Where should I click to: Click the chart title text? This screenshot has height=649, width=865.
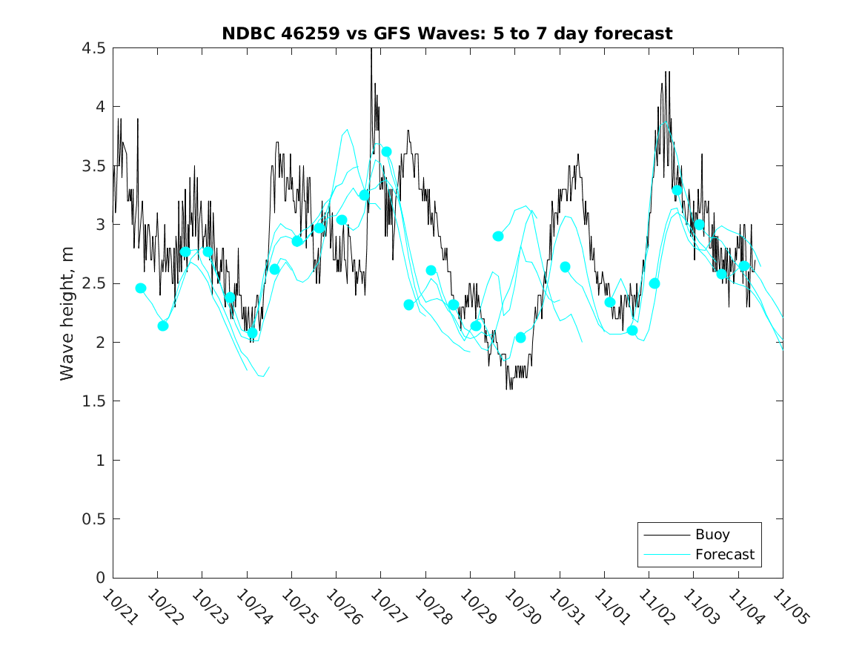pos(447,33)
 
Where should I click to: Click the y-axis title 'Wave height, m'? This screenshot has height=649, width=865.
pos(67,314)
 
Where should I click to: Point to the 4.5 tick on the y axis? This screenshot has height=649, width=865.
pos(95,48)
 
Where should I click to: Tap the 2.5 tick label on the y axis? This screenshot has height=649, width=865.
pos(95,284)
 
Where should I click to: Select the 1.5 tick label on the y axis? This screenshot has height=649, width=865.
pos(95,402)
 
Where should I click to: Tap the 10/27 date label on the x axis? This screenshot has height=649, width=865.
pos(385,607)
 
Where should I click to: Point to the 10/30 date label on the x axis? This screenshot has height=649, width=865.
pos(520,607)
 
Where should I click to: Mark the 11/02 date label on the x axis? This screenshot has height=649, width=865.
pos(654,607)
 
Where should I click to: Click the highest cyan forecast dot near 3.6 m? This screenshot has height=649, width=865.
pos(386,151)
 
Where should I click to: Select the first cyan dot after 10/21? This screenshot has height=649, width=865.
pos(141,288)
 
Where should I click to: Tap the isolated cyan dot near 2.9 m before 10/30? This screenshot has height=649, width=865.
pos(498,236)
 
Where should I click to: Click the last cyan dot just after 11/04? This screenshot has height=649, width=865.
pos(744,266)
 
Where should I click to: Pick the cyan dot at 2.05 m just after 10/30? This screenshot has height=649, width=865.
pos(520,337)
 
